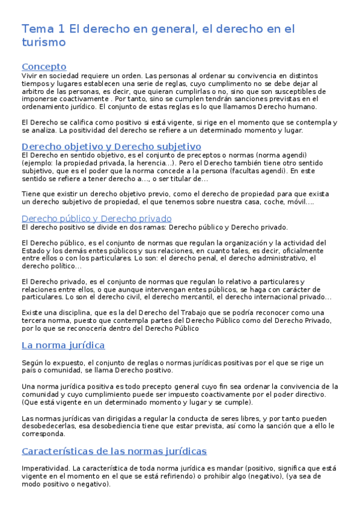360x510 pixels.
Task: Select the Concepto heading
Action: (x=43, y=66)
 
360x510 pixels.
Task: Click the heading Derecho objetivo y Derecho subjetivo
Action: (x=111, y=146)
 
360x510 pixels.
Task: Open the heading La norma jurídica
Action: (x=63, y=345)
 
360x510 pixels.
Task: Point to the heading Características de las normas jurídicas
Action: (x=114, y=450)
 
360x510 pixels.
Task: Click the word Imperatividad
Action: (x=44, y=468)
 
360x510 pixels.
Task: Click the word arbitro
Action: (x=35, y=91)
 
